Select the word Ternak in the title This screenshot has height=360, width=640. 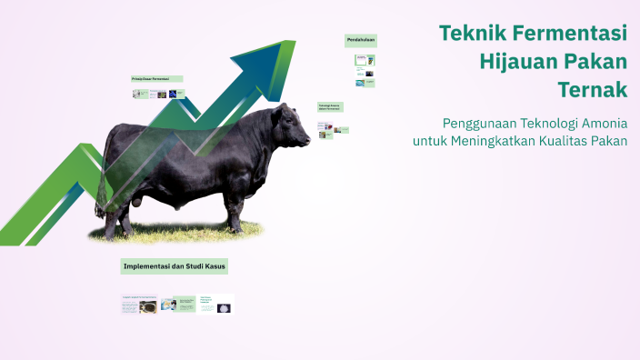595,90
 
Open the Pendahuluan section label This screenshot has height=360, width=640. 360,40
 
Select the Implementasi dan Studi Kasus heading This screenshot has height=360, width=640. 174,266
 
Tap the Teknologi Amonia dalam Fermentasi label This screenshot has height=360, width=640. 329,106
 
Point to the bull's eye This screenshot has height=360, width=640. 294,120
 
